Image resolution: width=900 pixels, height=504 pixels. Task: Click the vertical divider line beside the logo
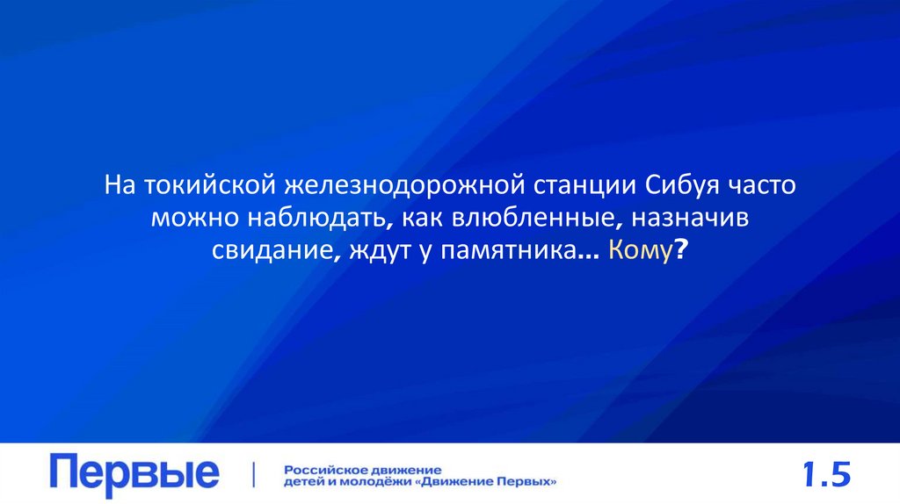tap(254, 474)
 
